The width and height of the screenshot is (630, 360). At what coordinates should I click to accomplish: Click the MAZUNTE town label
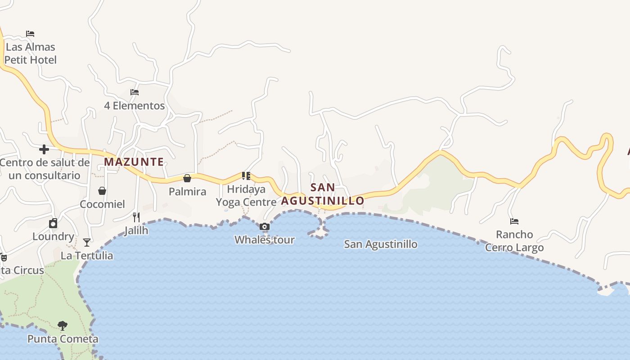point(134,162)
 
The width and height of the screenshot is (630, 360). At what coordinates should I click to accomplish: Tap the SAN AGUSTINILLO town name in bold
point(323,194)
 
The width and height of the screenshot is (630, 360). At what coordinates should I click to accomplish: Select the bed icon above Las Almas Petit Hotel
point(30,34)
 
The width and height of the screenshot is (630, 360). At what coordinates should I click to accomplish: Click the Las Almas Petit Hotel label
point(30,53)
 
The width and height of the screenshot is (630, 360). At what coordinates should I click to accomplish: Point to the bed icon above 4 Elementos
point(135,92)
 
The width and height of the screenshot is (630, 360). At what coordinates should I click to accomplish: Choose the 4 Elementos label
point(135,106)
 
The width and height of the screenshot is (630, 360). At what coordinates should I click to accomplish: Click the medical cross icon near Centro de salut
point(44,149)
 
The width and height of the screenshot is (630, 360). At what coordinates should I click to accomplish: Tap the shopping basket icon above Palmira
point(187,179)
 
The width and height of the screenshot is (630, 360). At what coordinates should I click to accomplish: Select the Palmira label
point(187,192)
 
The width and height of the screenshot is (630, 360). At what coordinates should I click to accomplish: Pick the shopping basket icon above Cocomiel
point(102,191)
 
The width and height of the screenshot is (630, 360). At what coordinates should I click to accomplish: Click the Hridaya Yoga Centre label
point(246,195)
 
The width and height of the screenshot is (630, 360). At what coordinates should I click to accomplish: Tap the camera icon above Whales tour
point(265,227)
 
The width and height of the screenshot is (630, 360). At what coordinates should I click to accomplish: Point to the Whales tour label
point(265,240)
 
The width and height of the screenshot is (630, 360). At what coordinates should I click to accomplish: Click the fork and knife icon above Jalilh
point(136,217)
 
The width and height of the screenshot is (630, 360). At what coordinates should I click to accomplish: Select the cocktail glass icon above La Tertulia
point(87,243)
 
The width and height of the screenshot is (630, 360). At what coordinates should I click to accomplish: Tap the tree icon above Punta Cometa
point(63,325)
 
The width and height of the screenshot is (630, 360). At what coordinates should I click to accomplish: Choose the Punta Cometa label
point(63,339)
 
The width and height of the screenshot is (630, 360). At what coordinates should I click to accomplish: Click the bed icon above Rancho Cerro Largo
point(514,221)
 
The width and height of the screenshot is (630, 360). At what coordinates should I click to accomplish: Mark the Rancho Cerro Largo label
point(514,241)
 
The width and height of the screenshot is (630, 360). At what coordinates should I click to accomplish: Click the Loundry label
point(53,236)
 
